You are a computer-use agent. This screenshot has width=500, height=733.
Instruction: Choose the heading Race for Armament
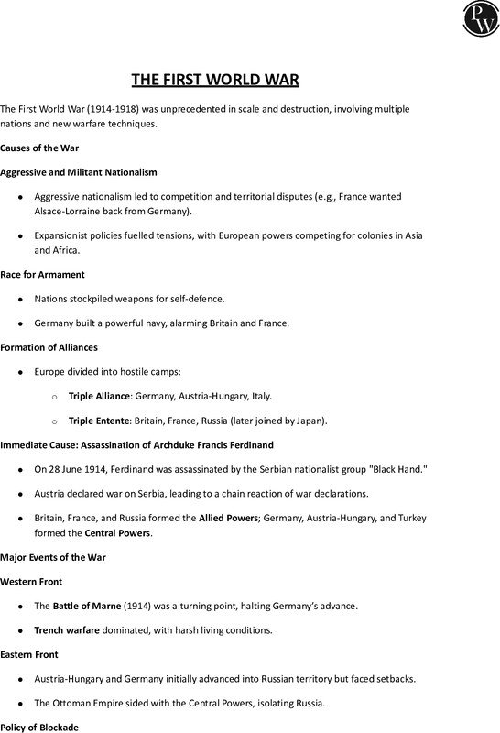[42, 273]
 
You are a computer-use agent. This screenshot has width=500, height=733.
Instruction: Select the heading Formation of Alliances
[49, 347]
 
